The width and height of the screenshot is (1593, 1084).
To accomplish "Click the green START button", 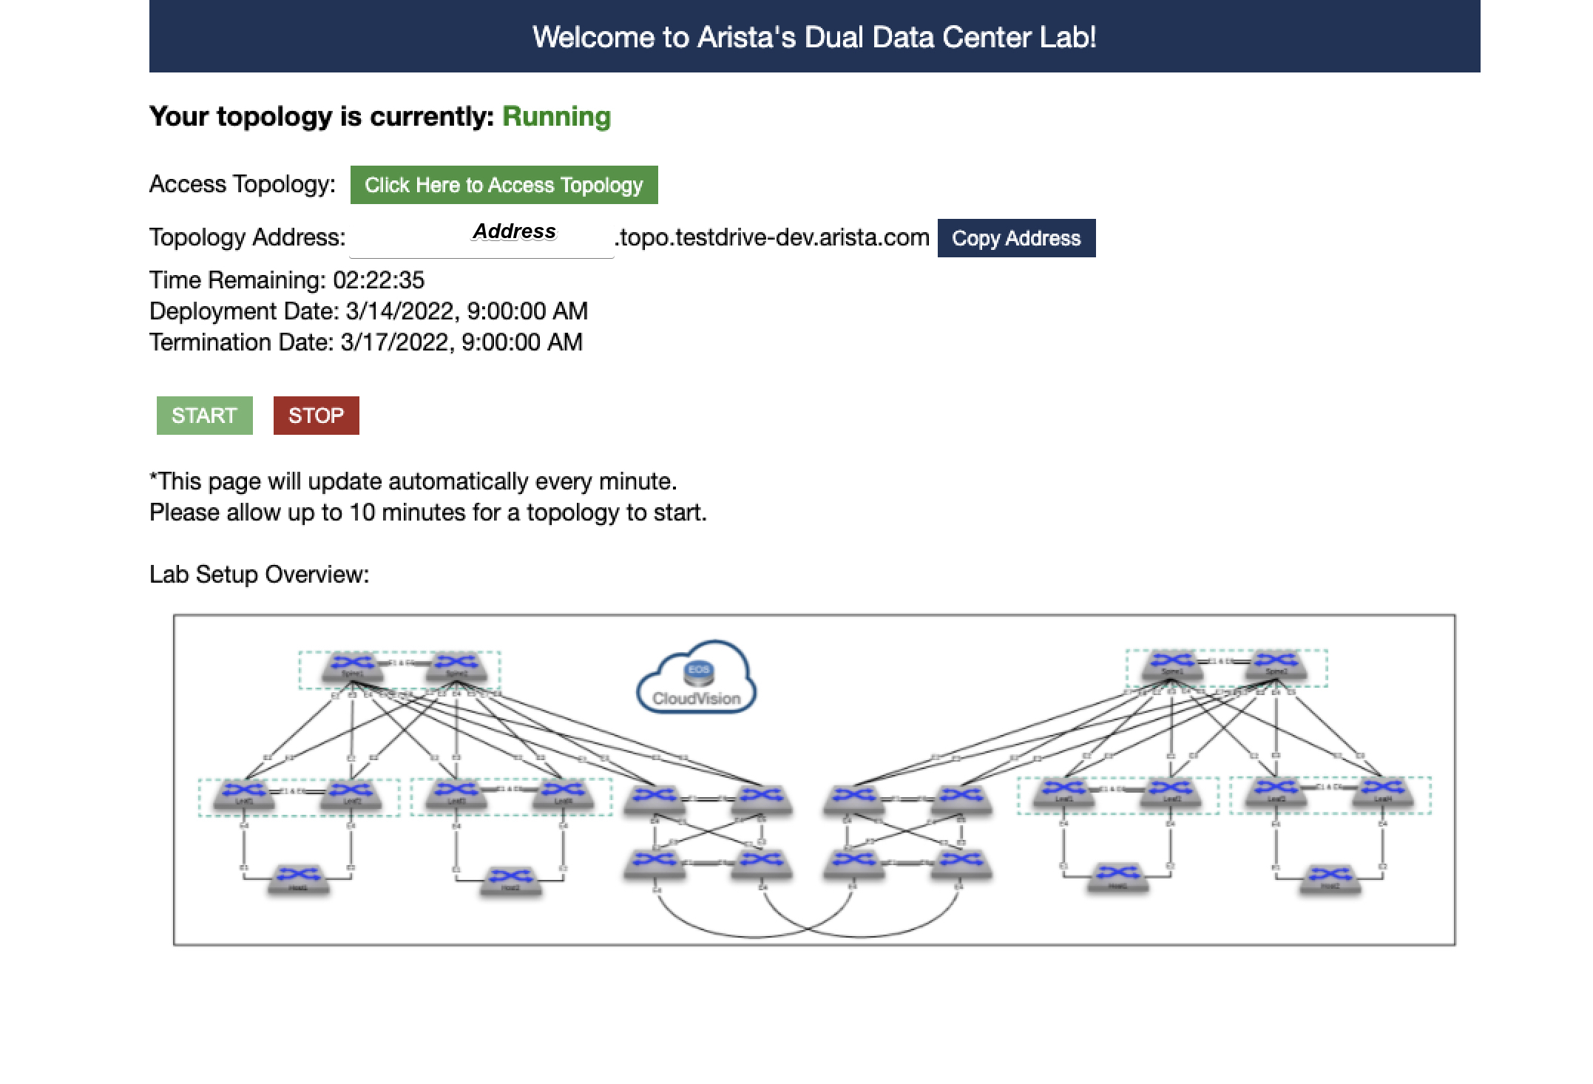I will pos(204,416).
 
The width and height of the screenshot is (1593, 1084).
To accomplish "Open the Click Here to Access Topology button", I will pos(504,185).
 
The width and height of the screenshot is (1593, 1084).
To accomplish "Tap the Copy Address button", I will pos(1016,238).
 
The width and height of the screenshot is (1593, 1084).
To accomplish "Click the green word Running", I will pos(556,117).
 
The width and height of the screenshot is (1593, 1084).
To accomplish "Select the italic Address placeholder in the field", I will pos(514,231).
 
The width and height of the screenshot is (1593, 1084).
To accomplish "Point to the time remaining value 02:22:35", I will pos(379,280).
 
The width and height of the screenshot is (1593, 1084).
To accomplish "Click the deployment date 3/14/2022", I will pos(400,311).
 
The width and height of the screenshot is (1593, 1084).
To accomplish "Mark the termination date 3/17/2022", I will pos(395,342).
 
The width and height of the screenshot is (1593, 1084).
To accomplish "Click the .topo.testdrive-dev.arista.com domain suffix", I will pos(771,237).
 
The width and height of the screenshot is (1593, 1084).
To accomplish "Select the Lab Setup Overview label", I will pos(259,575).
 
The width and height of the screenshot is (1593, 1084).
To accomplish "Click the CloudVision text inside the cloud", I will pos(696,699).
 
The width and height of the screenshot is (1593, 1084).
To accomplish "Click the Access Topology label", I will pos(242,184).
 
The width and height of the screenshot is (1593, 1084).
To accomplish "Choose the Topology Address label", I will pos(247,237).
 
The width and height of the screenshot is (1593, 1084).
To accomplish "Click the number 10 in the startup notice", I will pos(362,512).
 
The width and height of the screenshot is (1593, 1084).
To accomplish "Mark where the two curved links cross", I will pos(807,929).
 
